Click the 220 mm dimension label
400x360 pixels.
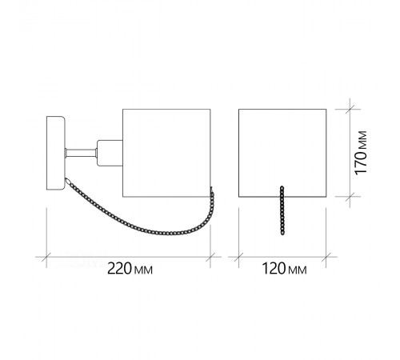click(x=130, y=269)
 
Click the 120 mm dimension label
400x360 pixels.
click(x=284, y=269)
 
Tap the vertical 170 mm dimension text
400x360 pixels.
click(x=361, y=153)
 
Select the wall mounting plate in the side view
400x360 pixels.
click(x=55, y=153)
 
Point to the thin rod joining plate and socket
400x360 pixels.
click(x=81, y=153)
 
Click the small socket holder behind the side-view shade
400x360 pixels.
click(x=110, y=154)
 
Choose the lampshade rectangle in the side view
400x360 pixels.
click(x=166, y=153)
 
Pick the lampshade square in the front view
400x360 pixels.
click(x=282, y=153)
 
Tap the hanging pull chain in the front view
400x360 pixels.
click(x=282, y=210)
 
